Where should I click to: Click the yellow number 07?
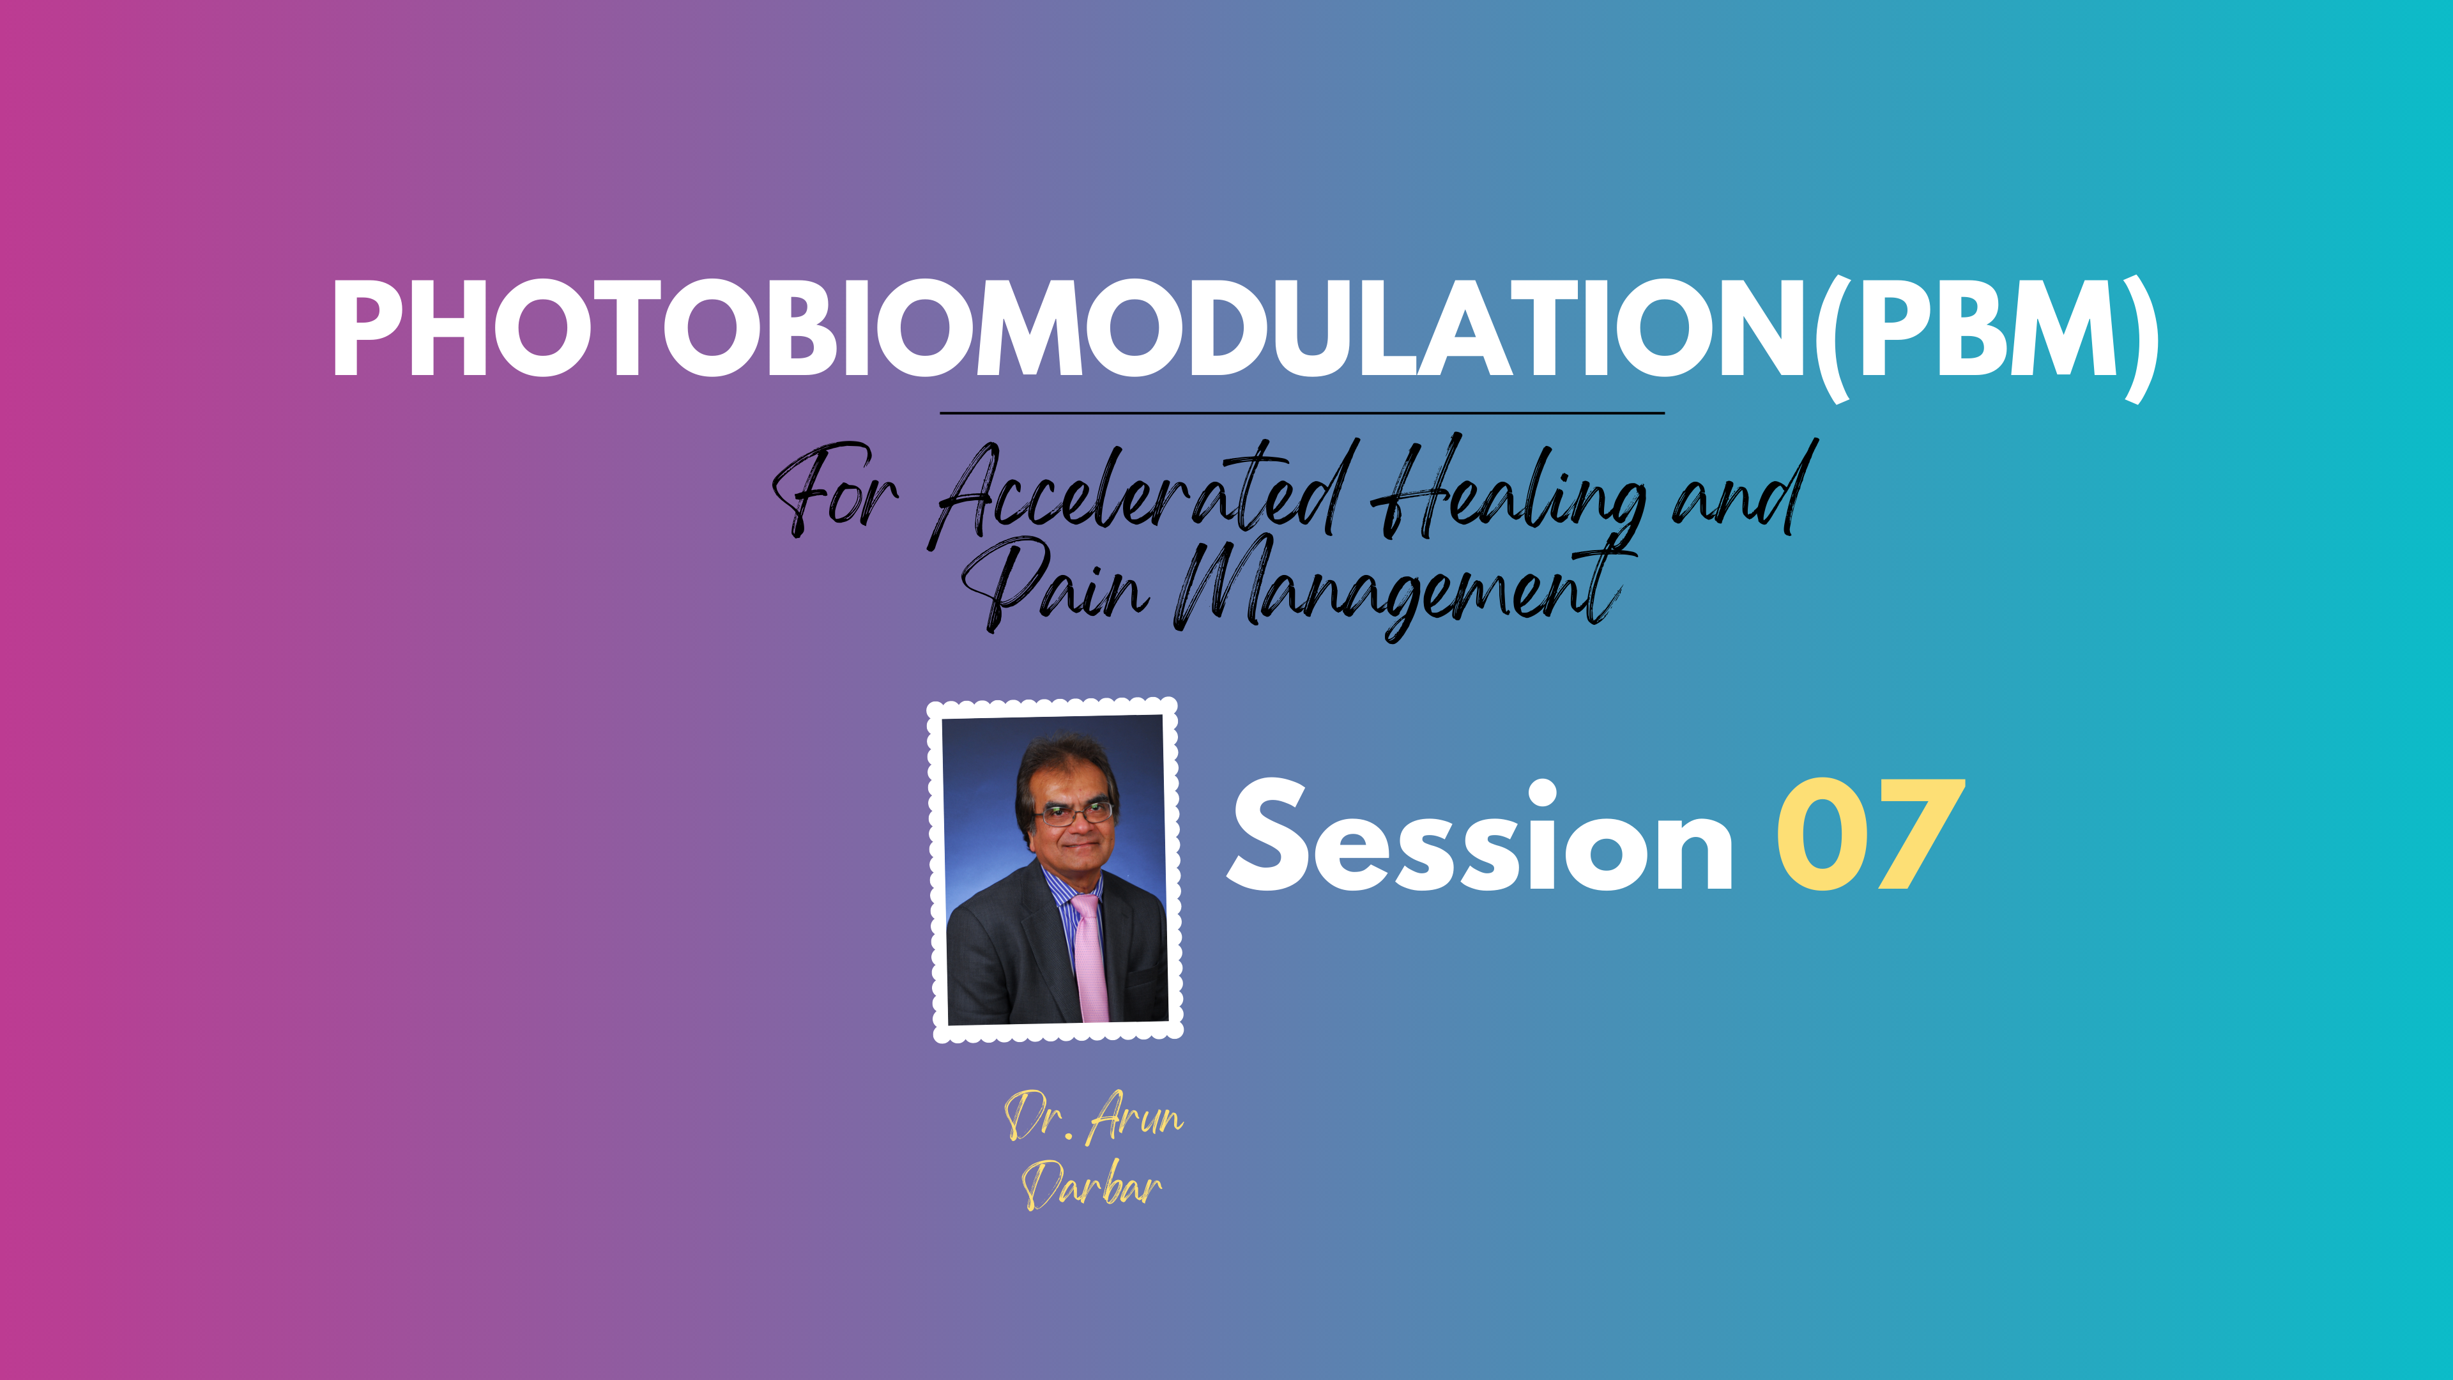point(1870,834)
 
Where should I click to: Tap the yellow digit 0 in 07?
point(1822,834)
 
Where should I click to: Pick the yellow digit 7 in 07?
point(1920,834)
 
